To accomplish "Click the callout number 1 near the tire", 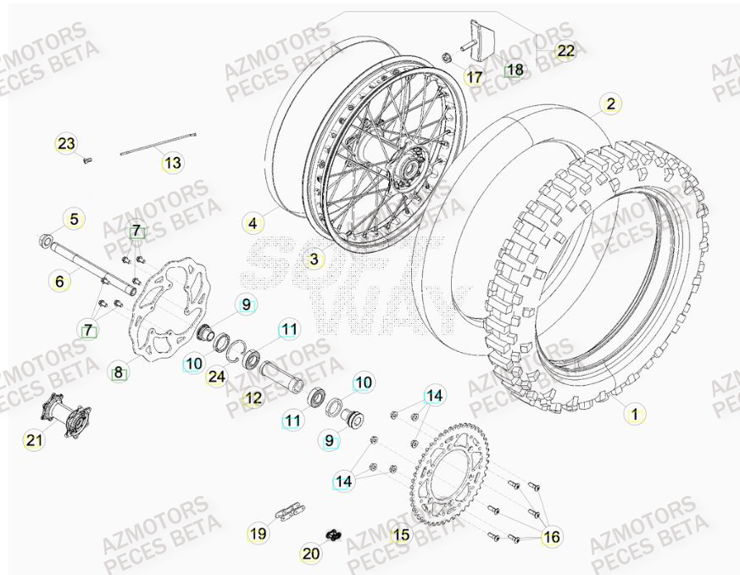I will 632,414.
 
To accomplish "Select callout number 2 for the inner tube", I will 609,104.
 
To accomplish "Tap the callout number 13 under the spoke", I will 172,163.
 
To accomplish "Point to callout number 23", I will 66,144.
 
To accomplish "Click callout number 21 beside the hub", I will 35,438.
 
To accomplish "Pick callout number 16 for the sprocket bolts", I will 551,537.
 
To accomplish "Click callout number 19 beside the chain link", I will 257,533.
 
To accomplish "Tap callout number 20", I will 311,553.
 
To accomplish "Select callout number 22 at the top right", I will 565,51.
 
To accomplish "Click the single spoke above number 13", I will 159,142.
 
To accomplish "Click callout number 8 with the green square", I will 119,371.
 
